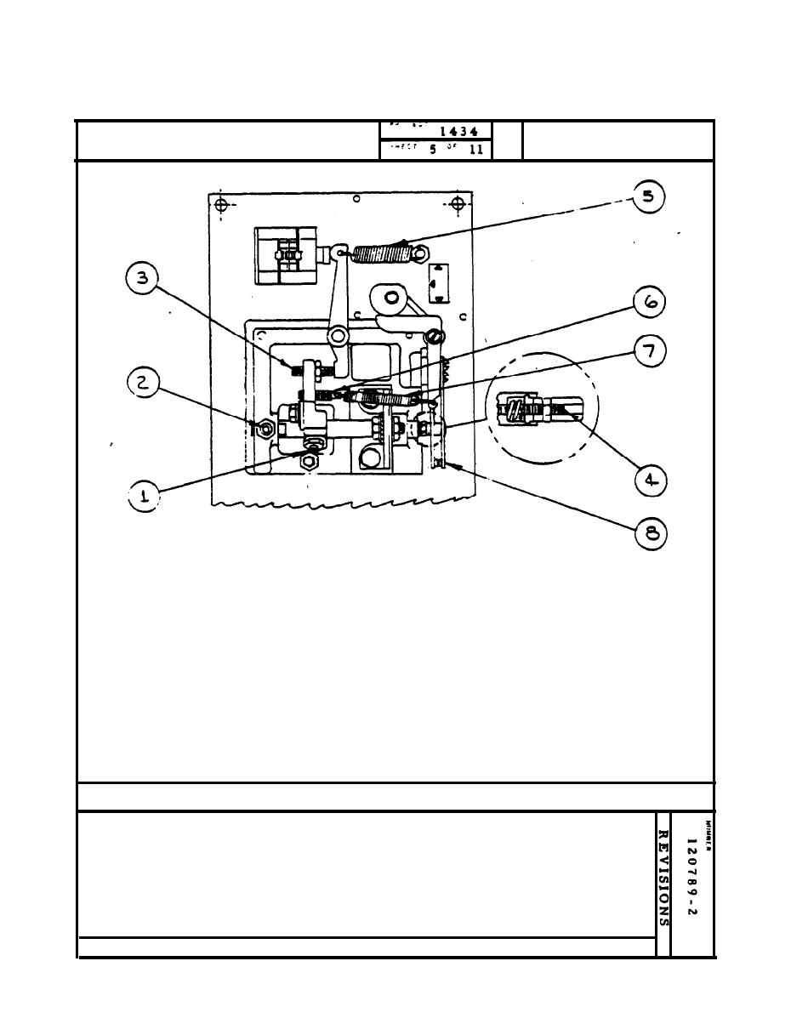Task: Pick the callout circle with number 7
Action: tap(648, 350)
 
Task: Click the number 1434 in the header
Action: tap(458, 132)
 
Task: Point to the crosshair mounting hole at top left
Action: tap(221, 204)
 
